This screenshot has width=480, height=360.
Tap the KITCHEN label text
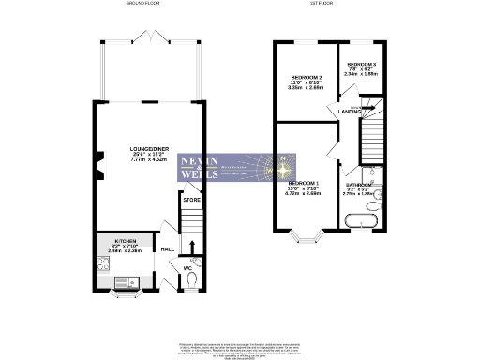126,241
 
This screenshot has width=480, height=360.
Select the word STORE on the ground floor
191,200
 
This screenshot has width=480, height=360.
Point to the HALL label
167,249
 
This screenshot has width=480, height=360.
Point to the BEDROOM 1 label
304,183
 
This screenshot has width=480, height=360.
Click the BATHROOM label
360,186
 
